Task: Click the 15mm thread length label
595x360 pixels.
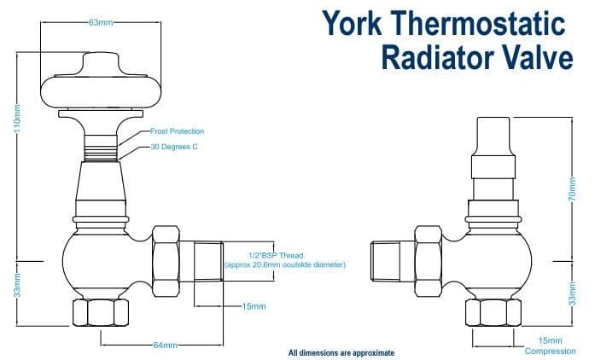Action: tap(254, 305)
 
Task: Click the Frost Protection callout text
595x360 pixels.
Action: tap(178, 131)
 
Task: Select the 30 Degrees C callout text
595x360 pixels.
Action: tap(174, 147)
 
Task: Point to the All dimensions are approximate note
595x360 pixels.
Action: tap(341, 352)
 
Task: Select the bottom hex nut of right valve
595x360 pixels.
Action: tap(491, 312)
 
